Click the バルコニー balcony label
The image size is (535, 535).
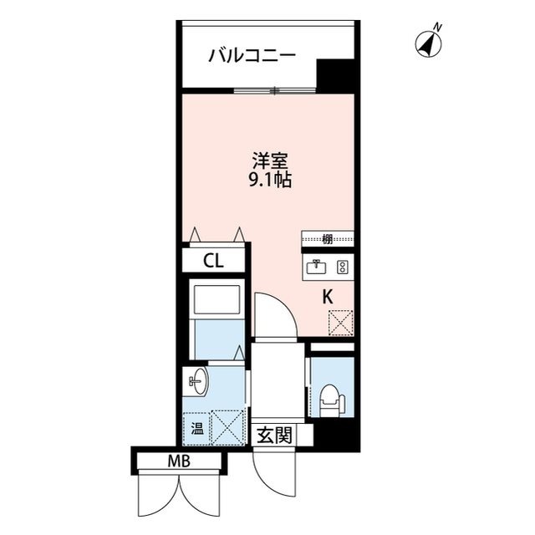point(252,57)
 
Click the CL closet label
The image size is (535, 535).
point(214,261)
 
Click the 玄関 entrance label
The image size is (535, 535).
point(273,435)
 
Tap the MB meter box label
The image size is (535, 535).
point(178,461)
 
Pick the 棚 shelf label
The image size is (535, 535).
point(327,239)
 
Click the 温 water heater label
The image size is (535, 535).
point(197,431)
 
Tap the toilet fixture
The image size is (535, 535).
point(331,399)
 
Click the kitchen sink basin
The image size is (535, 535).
point(318,267)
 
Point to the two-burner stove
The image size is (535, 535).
point(341,267)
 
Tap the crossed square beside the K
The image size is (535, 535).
point(341,322)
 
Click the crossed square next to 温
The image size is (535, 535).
point(226,427)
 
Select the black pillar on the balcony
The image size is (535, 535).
point(336,76)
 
